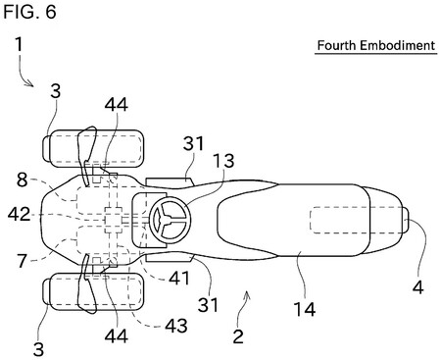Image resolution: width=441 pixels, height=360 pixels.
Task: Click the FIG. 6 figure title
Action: (x=29, y=12)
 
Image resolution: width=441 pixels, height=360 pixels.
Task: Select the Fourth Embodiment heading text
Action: (x=376, y=45)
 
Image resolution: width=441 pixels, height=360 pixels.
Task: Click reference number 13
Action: (x=223, y=161)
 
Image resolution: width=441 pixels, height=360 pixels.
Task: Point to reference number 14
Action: (x=305, y=309)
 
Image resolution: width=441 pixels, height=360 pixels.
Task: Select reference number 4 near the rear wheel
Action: (x=417, y=287)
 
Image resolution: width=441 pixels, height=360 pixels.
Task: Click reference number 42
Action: (x=20, y=215)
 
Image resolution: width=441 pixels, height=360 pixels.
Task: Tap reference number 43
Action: (x=176, y=326)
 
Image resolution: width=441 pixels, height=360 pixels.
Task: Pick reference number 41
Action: (x=179, y=278)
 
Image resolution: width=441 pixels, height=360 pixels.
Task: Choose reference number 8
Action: (x=23, y=180)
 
